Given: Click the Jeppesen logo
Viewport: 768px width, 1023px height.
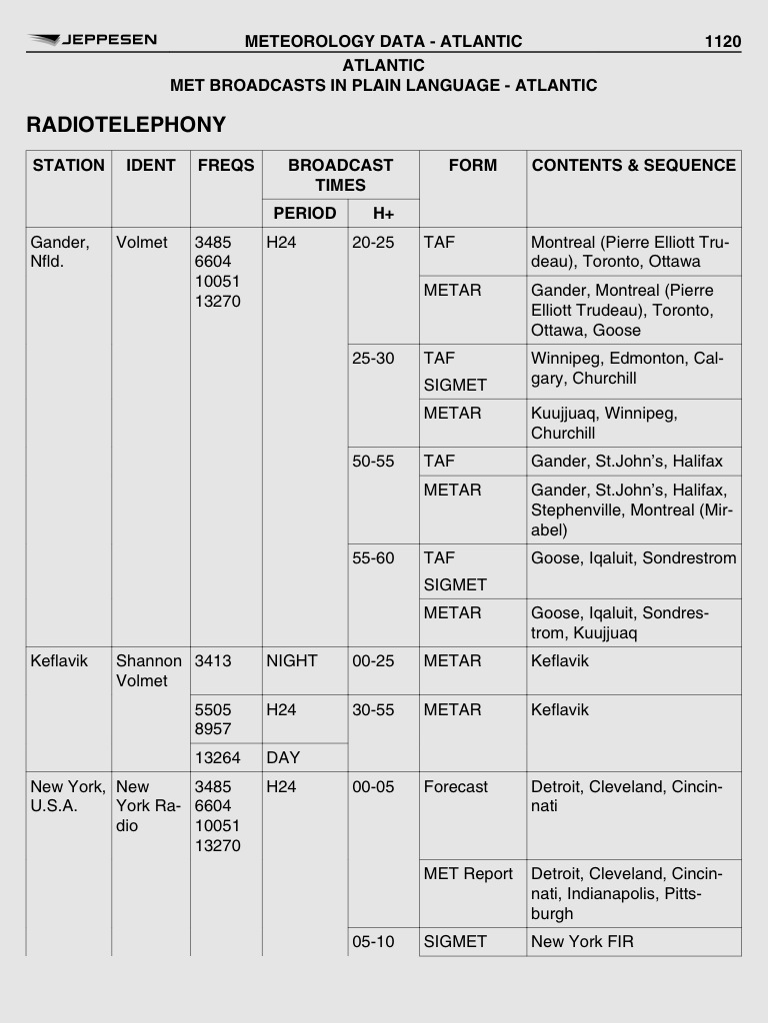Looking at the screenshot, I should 92,40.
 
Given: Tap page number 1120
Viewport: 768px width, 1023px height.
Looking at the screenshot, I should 722,41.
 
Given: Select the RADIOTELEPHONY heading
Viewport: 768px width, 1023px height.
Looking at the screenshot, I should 126,125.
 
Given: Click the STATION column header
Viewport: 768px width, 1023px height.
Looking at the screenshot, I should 68,166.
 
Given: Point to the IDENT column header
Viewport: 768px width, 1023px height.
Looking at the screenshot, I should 151,166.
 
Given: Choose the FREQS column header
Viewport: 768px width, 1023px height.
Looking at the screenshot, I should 226,166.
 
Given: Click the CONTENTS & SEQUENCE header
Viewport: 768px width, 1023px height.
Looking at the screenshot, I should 634,166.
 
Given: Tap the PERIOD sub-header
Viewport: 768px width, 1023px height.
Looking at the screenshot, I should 304,213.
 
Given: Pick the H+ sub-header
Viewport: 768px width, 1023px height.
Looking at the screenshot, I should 383,213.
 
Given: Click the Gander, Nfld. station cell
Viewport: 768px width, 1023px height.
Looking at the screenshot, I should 60,252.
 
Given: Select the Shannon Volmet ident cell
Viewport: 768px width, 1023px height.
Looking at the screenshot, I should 149,670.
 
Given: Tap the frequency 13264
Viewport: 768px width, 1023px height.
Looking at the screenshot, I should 218,757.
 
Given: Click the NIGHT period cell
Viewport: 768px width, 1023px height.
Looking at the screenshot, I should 292,660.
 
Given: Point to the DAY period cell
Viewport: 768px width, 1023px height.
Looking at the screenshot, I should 283,757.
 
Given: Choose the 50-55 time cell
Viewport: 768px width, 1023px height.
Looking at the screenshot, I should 373,462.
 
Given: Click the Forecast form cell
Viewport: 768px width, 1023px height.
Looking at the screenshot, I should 456,786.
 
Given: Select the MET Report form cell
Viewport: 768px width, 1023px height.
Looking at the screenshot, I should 468,874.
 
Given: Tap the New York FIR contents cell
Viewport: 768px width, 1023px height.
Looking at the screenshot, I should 582,941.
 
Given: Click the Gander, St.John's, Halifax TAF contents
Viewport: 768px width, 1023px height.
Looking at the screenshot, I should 627,462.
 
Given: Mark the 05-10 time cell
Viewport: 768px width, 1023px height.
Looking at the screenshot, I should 373,941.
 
